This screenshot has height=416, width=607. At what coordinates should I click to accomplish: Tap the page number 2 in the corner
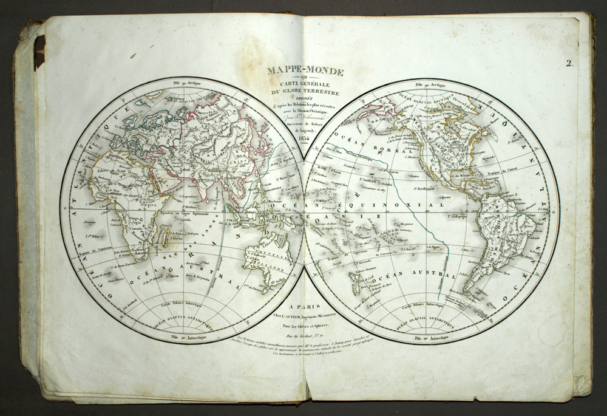coord(569,63)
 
